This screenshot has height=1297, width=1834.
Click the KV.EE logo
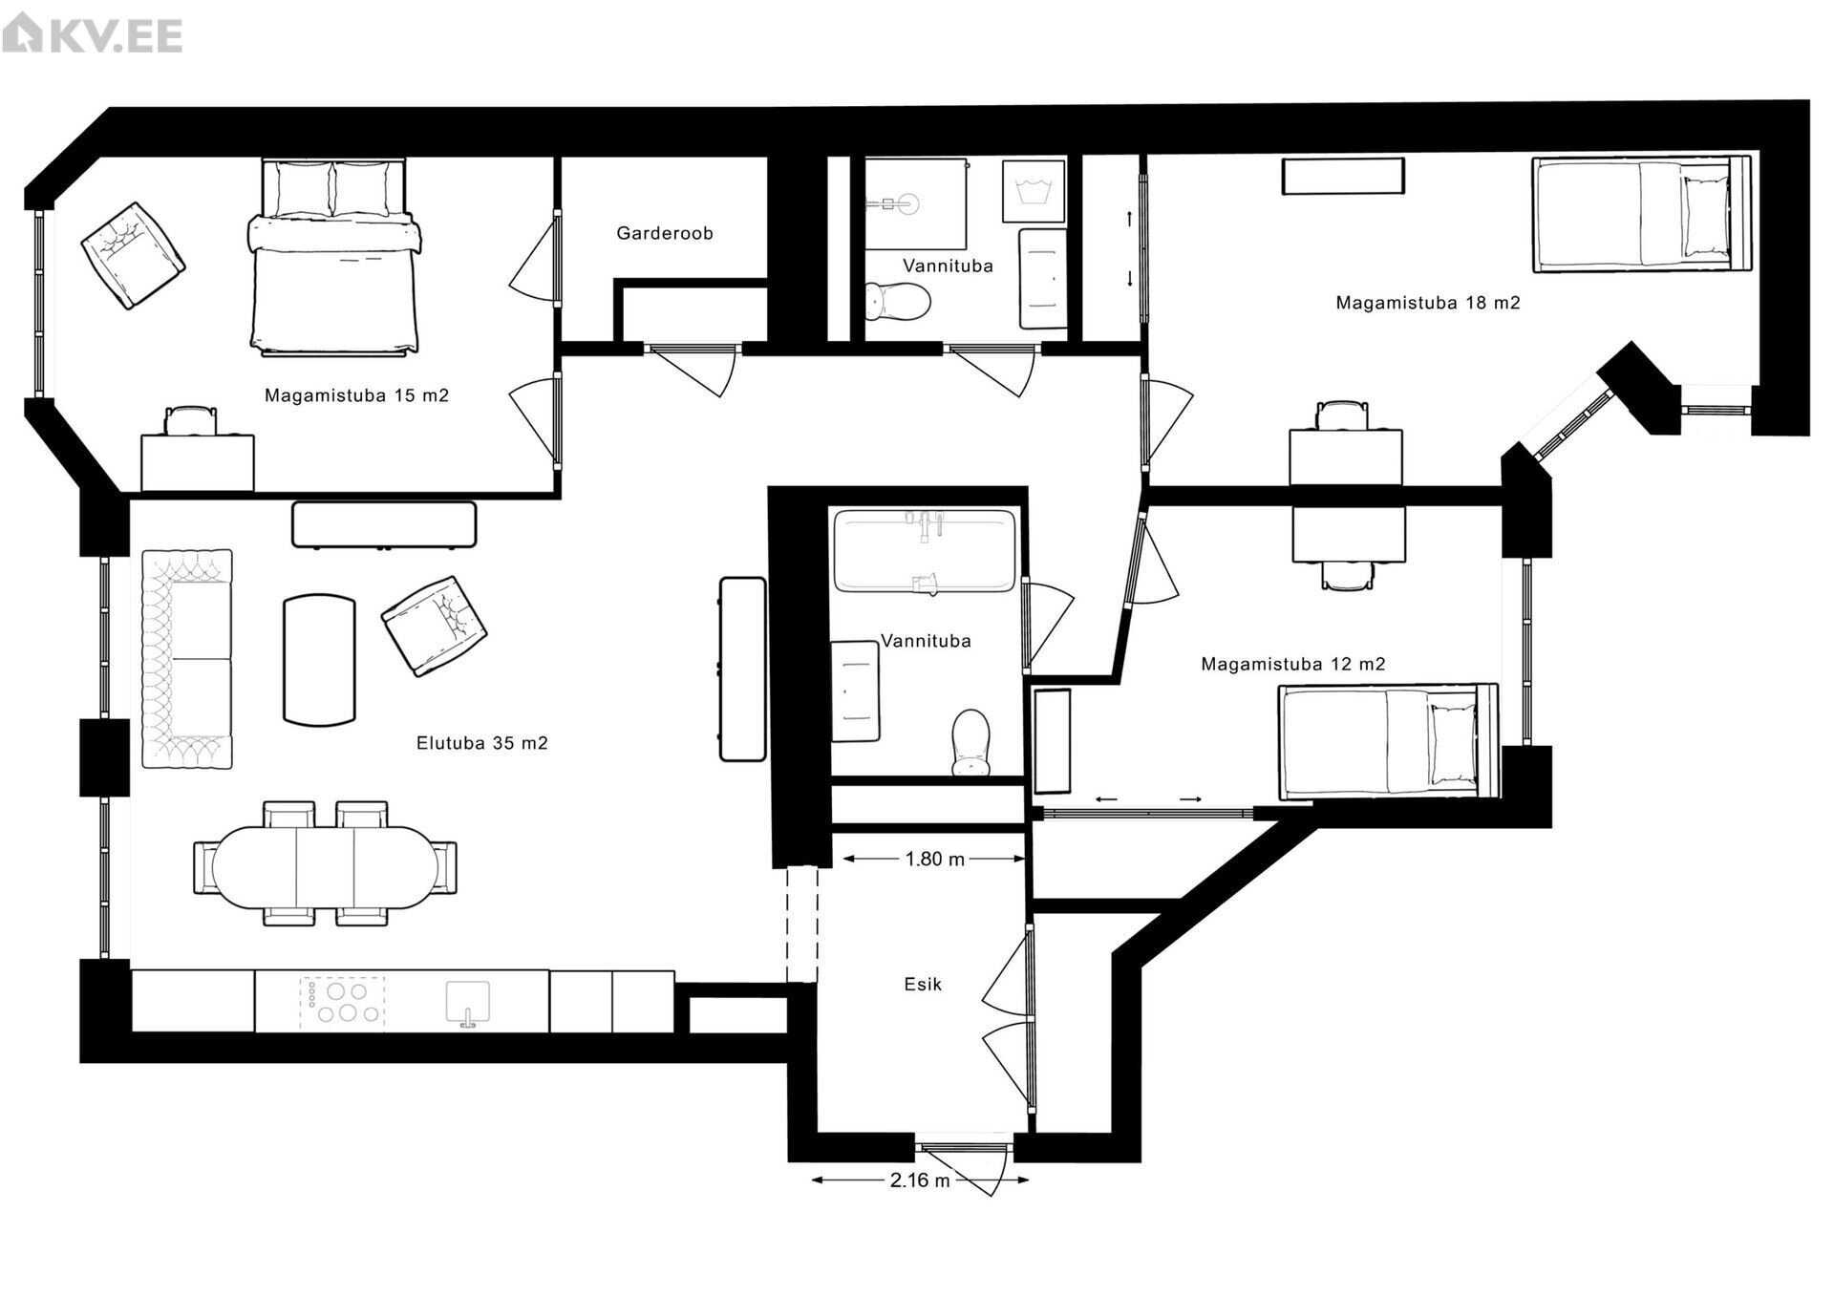tap(92, 35)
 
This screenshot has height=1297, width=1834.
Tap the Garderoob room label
tap(665, 233)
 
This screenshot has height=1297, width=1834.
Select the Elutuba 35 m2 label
tap(482, 743)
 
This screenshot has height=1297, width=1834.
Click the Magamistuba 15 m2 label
tap(356, 395)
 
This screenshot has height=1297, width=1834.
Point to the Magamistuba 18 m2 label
tap(1428, 303)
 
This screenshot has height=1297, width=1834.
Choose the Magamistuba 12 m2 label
tap(1293, 664)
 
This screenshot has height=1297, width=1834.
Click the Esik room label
tap(923, 984)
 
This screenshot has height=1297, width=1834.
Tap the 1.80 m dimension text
tap(935, 859)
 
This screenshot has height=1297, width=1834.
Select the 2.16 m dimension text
tap(920, 1180)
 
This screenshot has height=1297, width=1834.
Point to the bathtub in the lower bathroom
tap(925, 551)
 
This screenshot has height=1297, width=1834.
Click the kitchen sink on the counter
tap(467, 1004)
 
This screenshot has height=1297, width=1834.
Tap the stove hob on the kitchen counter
tap(343, 1003)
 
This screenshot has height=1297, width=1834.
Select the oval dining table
tap(325, 867)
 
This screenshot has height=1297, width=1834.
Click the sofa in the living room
tap(187, 659)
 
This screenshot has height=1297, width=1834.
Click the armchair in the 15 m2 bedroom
tap(133, 255)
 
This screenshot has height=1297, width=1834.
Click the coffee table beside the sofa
tap(319, 660)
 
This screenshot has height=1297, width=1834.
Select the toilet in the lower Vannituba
tap(971, 742)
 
